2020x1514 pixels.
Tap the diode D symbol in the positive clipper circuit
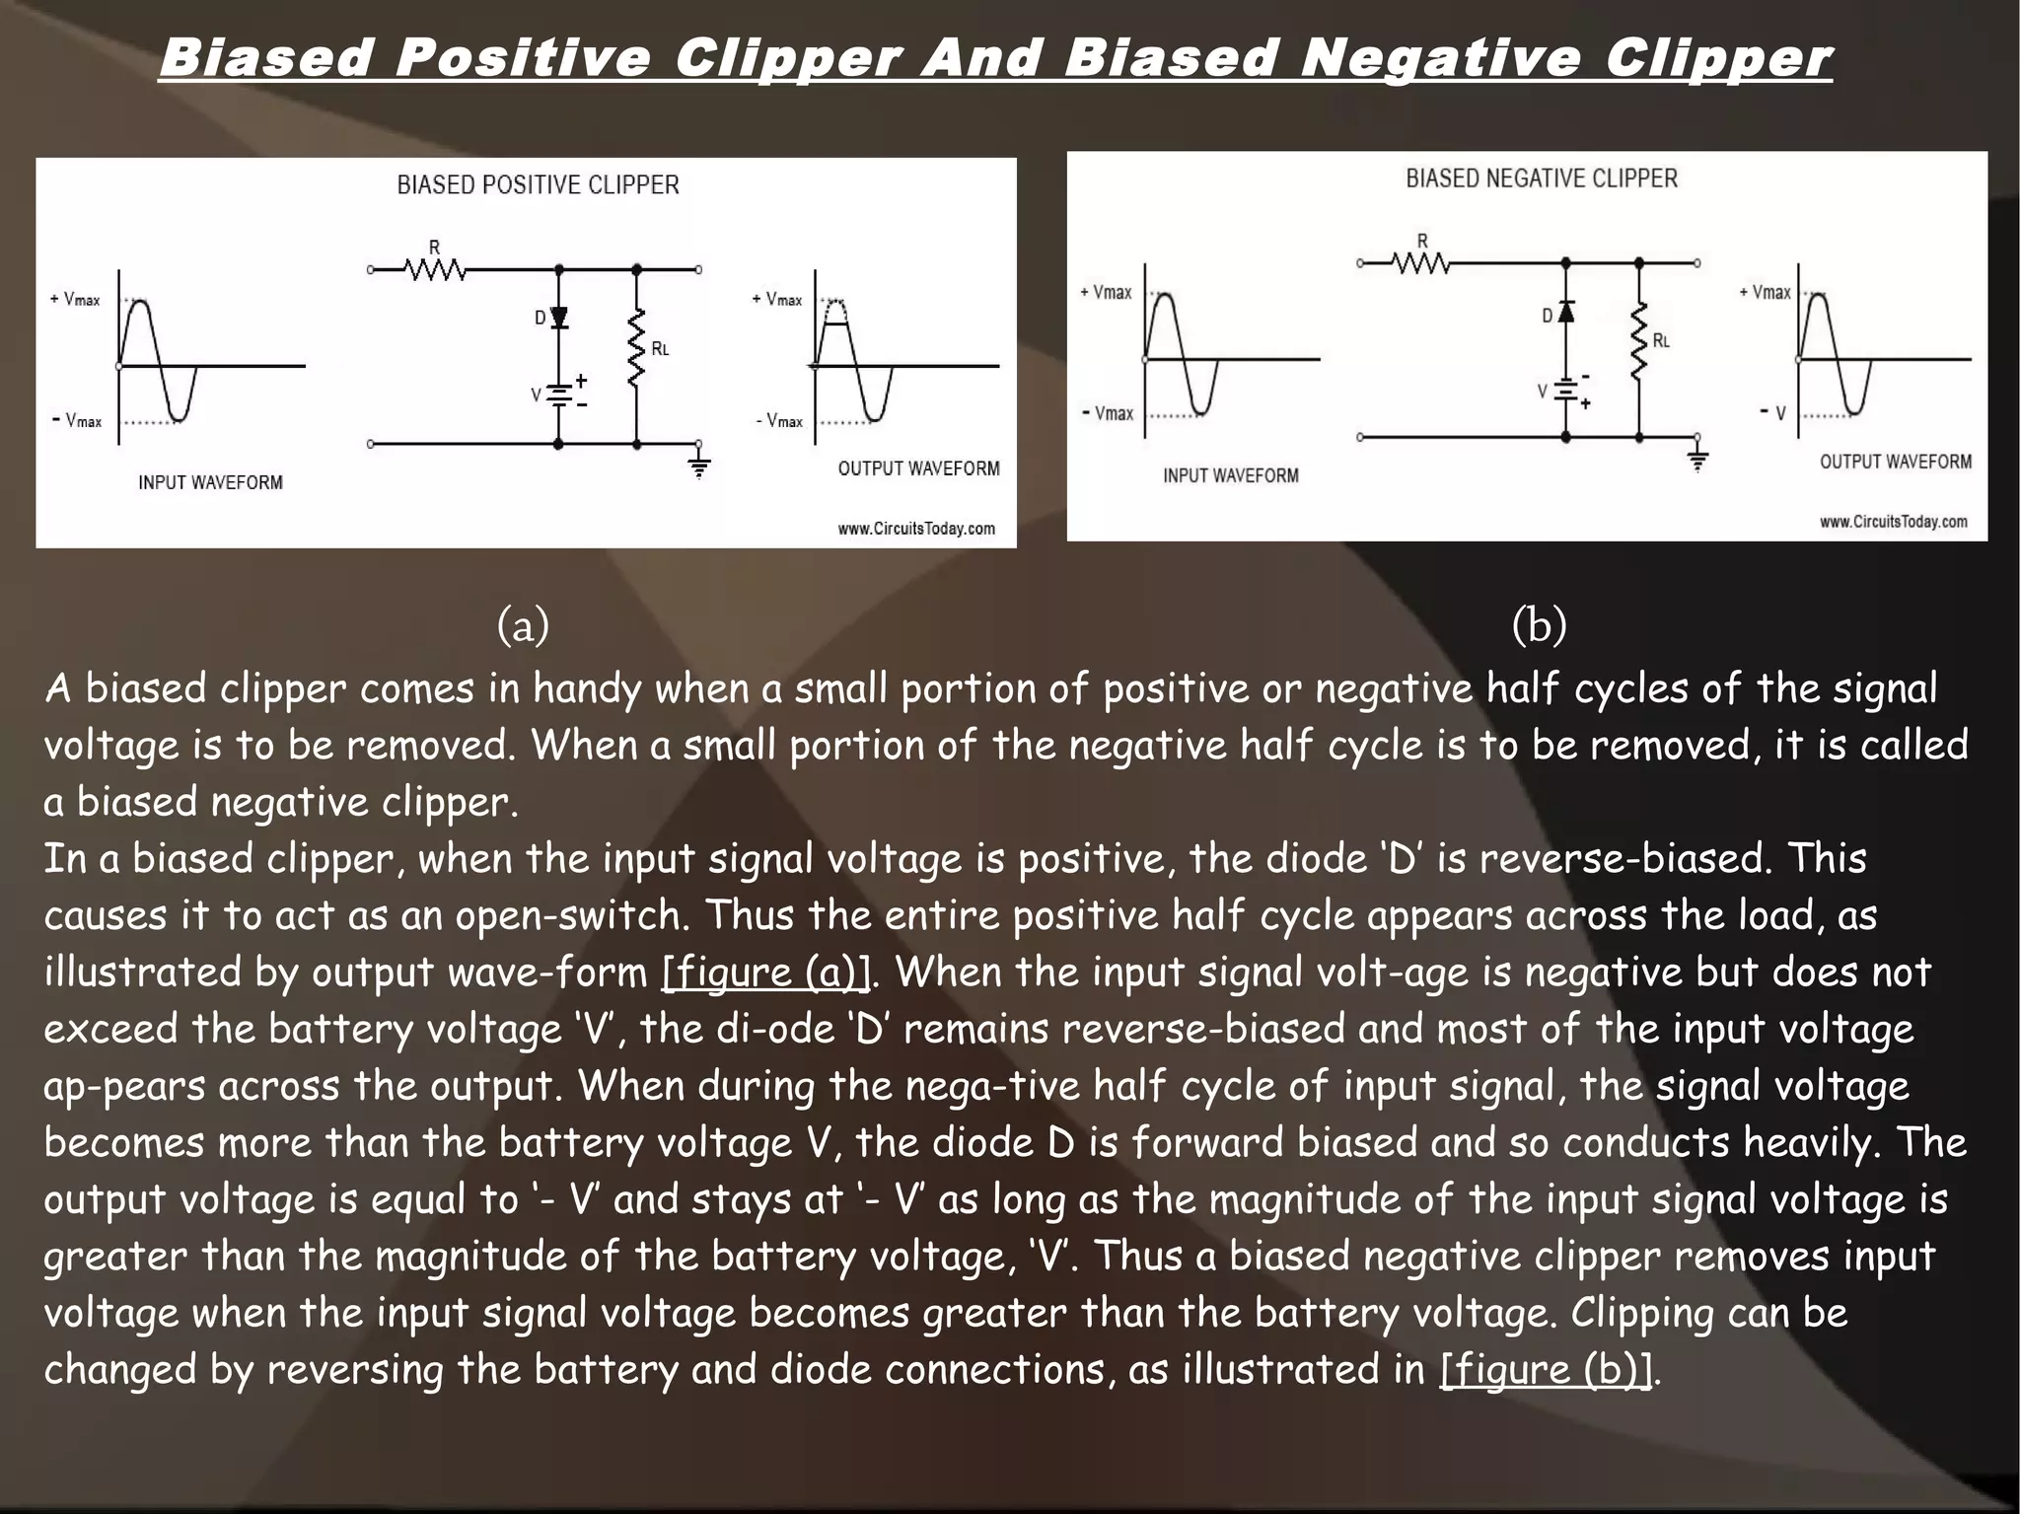click(558, 318)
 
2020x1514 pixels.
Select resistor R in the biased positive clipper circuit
click(435, 268)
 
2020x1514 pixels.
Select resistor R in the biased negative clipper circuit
click(1421, 262)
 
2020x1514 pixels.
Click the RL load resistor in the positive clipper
click(637, 347)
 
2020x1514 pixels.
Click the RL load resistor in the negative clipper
click(1639, 341)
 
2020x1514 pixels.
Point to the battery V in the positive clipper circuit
click(558, 395)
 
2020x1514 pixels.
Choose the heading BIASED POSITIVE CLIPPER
click(538, 185)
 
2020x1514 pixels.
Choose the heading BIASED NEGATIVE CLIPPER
click(1541, 179)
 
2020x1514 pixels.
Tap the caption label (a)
click(523, 624)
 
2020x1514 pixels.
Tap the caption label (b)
click(1539, 624)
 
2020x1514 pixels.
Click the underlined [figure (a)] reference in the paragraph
click(766, 973)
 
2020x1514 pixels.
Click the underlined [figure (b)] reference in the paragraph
click(1546, 1370)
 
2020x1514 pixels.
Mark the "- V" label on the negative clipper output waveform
click(1772, 412)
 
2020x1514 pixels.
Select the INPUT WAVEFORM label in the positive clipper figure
click(210, 482)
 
